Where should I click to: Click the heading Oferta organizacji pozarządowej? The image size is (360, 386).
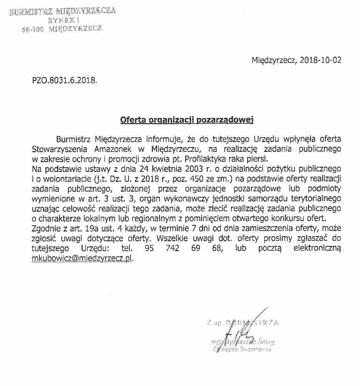[187, 119]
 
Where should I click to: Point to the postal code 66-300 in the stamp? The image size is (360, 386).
[32, 29]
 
